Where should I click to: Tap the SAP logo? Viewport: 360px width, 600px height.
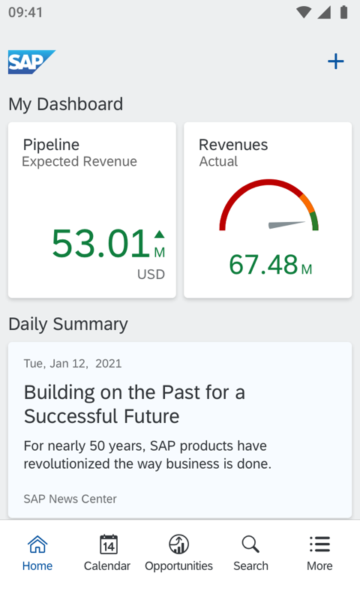pyautogui.click(x=31, y=61)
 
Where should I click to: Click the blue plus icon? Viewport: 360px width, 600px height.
pyautogui.click(x=335, y=61)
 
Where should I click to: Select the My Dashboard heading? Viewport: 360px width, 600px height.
pyautogui.click(x=65, y=104)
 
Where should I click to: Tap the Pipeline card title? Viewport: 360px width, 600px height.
pyautogui.click(x=51, y=145)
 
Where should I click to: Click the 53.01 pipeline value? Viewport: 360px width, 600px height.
pyautogui.click(x=100, y=244)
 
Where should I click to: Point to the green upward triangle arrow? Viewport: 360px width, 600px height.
pyautogui.click(x=159, y=235)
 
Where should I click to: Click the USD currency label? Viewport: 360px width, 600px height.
pyautogui.click(x=151, y=274)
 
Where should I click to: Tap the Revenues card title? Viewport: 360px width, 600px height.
pyautogui.click(x=232, y=145)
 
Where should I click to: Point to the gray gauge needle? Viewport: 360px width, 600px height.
pyautogui.click(x=287, y=224)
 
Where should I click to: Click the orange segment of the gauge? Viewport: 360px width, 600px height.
pyautogui.click(x=306, y=203)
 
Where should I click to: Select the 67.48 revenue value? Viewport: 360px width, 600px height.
pyautogui.click(x=263, y=265)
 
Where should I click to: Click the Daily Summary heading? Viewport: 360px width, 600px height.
pyautogui.click(x=68, y=324)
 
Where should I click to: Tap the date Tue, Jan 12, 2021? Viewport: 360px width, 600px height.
pyautogui.click(x=72, y=364)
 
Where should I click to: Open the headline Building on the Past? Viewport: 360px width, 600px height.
pyautogui.click(x=134, y=403)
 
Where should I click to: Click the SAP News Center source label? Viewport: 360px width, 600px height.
pyautogui.click(x=70, y=499)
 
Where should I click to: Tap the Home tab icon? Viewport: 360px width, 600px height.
pyautogui.click(x=37, y=544)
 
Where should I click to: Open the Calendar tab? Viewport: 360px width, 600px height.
pyautogui.click(x=107, y=553)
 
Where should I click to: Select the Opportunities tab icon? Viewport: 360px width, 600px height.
pyautogui.click(x=178, y=544)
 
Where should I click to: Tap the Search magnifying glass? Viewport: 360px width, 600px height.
pyautogui.click(x=250, y=544)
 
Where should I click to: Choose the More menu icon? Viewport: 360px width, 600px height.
pyautogui.click(x=319, y=544)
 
